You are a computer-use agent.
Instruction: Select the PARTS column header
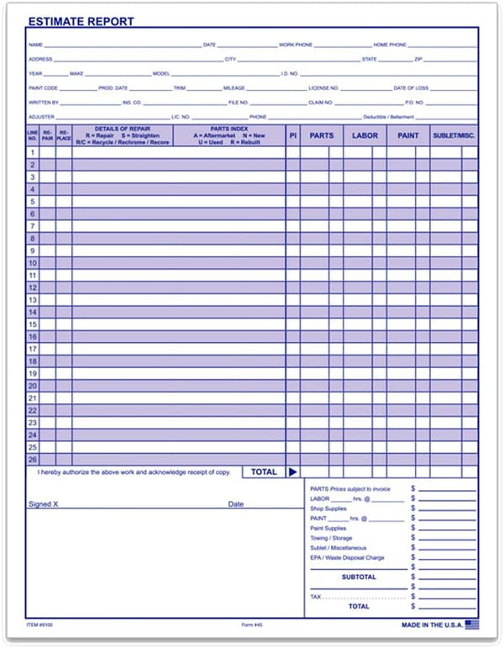[322, 134]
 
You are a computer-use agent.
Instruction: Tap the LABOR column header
[365, 134]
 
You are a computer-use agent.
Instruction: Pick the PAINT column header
[408, 134]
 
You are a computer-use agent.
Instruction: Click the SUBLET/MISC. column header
[454, 134]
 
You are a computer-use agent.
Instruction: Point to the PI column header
[292, 134]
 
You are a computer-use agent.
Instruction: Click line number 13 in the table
[33, 299]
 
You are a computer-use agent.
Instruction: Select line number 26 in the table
[33, 460]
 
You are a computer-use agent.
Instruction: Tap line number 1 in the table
[33, 152]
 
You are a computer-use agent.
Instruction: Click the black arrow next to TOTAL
[292, 472]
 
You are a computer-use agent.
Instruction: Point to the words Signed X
[44, 504]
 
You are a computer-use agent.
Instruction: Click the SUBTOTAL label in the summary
[359, 577]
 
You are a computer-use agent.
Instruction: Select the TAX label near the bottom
[316, 597]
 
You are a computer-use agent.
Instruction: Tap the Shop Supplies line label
[328, 508]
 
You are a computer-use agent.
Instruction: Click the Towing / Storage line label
[331, 538]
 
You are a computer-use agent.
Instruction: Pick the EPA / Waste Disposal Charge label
[347, 557]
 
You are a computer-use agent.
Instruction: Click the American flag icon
[472, 624]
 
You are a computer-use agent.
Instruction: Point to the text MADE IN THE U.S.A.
[432, 624]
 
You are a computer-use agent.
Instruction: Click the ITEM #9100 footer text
[39, 625]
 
